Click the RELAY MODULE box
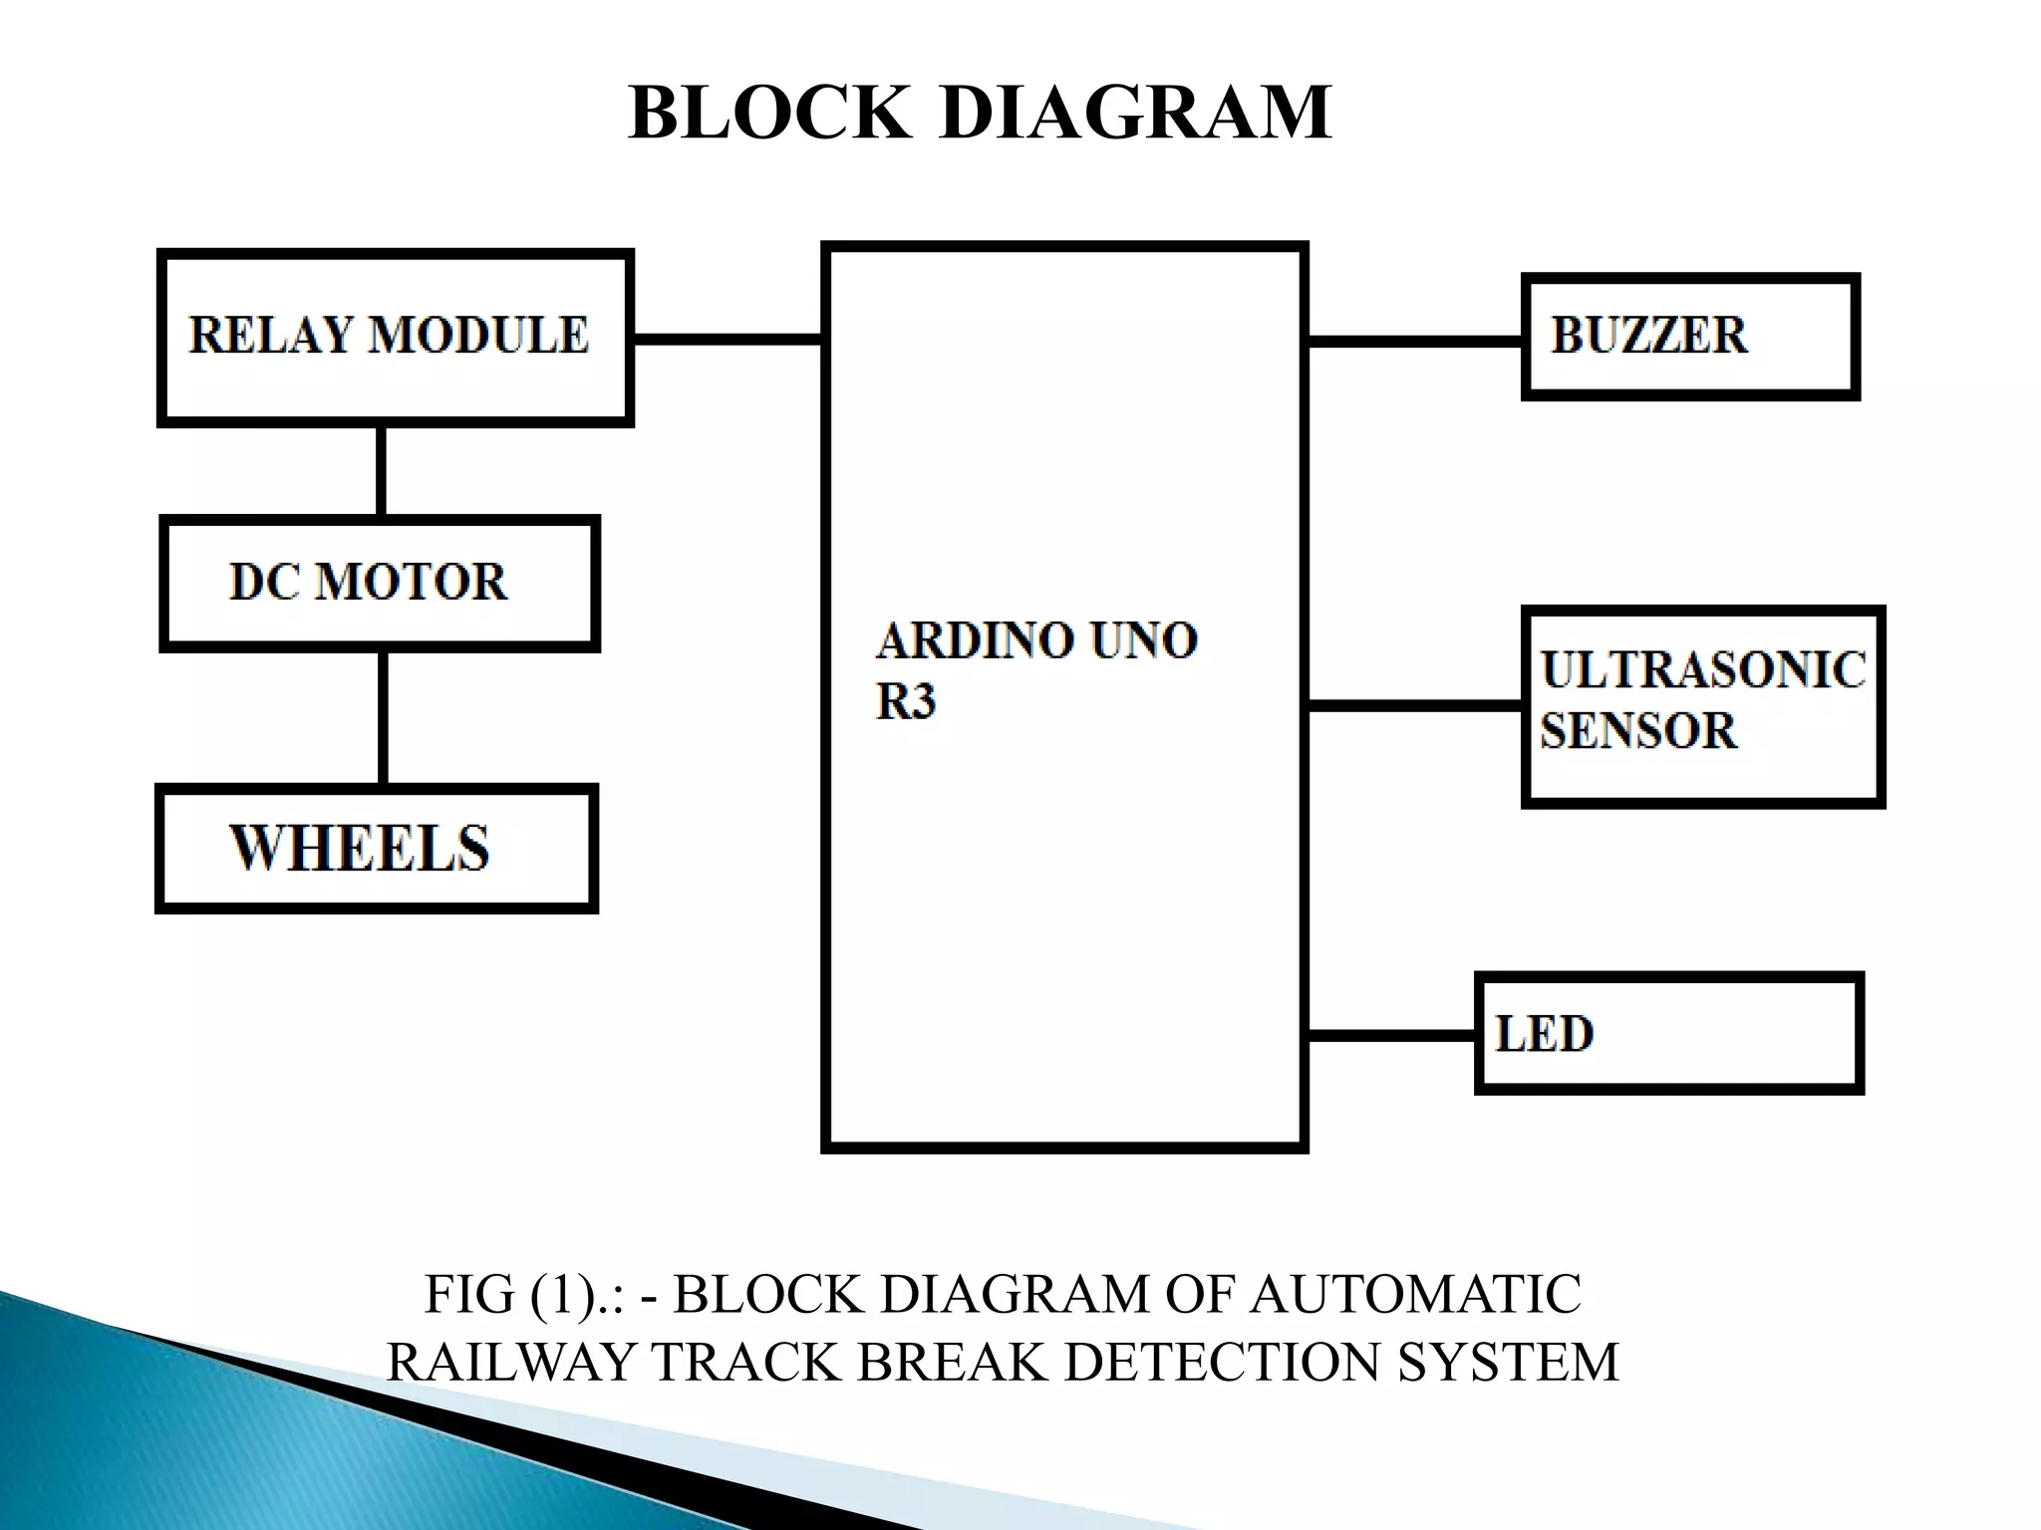tap(395, 337)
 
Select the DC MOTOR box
tap(379, 584)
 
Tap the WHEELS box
tap(376, 849)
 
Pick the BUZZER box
tap(1690, 337)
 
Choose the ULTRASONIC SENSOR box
tap(1702, 705)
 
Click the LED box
tap(1668, 1034)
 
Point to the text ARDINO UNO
tap(1036, 640)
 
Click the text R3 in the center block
tap(905, 701)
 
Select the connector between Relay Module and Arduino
tap(728, 340)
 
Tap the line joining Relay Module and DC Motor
tap(381, 471)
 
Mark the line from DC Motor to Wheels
tap(383, 717)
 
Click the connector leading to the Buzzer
tap(1415, 342)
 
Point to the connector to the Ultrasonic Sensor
tap(1415, 706)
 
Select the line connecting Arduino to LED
tap(1391, 1036)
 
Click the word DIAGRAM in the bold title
tap(1135, 113)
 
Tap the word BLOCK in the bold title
tap(769, 113)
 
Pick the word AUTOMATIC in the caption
tap(1415, 1295)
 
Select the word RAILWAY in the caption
tap(511, 1362)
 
